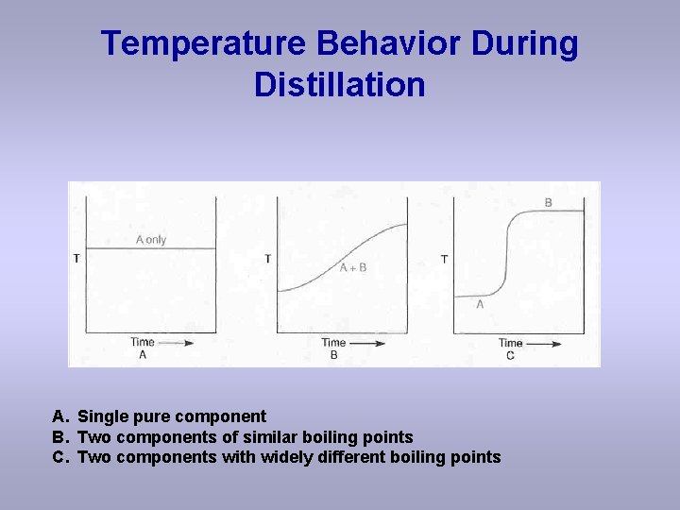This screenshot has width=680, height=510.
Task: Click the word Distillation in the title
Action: point(339,85)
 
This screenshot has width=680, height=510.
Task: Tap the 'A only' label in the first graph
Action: point(150,240)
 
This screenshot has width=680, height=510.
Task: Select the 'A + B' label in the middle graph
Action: point(352,268)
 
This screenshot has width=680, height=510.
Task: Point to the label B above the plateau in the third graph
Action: point(548,203)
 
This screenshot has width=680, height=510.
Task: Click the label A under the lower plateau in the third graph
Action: point(480,304)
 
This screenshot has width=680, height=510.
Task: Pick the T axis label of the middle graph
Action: point(268,259)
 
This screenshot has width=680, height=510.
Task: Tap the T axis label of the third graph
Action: point(444,259)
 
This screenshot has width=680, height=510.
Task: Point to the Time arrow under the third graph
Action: point(543,343)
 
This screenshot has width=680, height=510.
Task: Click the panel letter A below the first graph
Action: point(143,355)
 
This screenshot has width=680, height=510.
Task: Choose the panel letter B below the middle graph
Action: point(333,355)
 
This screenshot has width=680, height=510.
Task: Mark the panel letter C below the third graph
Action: point(510,355)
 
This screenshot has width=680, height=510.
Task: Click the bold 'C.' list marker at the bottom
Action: point(60,458)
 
